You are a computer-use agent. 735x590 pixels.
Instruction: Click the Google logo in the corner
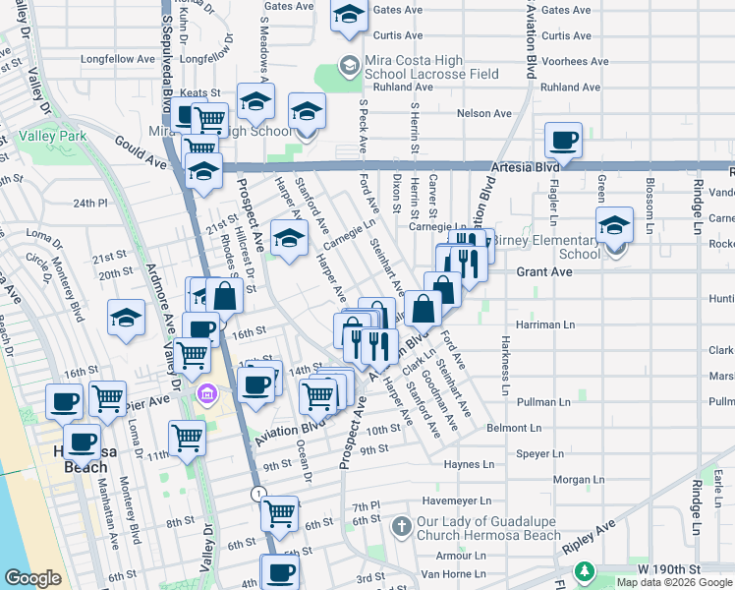[32, 578]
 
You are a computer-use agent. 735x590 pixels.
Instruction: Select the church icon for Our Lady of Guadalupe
[401, 528]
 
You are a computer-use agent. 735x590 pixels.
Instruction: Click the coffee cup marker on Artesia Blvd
[563, 140]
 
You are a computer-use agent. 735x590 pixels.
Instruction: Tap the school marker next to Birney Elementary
[615, 224]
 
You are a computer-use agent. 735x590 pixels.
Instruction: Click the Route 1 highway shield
[257, 493]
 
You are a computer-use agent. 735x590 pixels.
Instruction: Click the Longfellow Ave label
[118, 59]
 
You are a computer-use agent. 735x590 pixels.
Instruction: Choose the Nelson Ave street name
[484, 114]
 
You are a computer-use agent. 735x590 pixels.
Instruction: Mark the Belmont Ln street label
[514, 428]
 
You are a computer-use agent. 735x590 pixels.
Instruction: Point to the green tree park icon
[586, 570]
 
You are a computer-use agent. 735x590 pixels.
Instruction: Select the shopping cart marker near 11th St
[186, 438]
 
